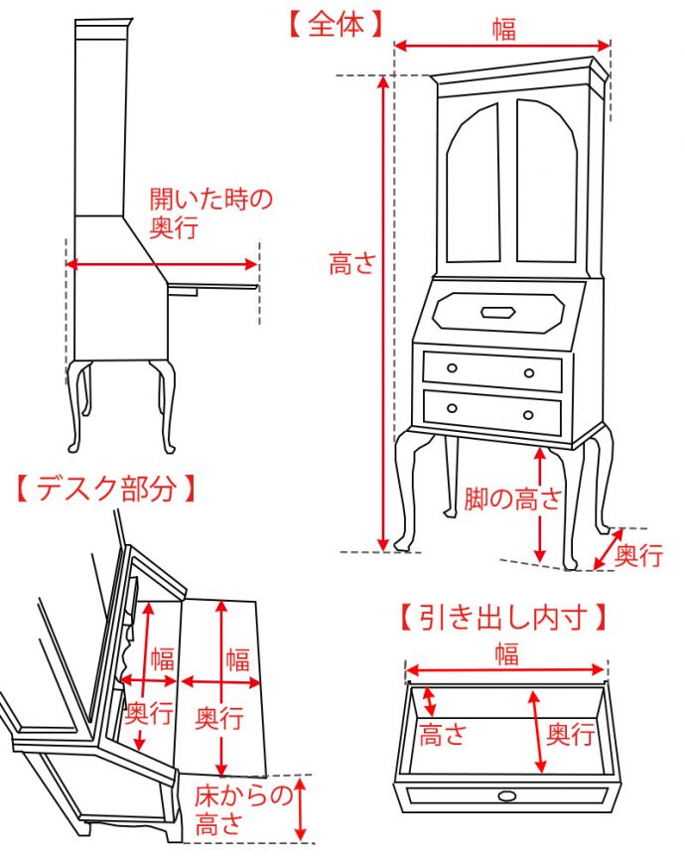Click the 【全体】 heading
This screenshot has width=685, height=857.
point(336,24)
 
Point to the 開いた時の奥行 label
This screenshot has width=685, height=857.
point(209,213)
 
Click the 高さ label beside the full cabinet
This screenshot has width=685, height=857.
point(353,264)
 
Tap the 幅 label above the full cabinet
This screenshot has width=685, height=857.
point(504,29)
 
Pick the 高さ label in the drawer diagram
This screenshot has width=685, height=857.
point(443,735)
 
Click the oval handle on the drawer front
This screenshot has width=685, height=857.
point(507,794)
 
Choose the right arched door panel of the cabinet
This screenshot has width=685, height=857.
point(546,184)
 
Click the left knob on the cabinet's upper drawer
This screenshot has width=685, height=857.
point(452,368)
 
